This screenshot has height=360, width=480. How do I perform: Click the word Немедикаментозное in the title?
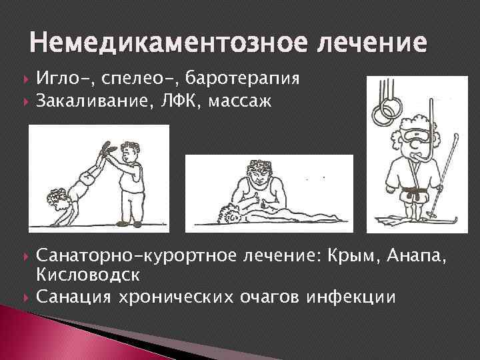pos(149,45)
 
